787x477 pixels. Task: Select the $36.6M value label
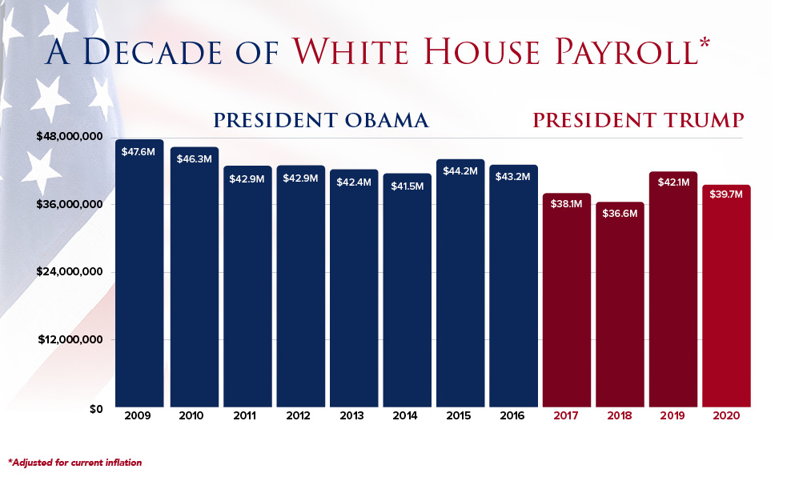coord(620,214)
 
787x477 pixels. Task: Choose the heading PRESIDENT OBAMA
coord(320,121)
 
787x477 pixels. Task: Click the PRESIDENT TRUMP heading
coord(639,121)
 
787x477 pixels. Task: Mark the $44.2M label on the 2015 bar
coord(460,171)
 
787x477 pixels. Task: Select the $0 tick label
coord(95,409)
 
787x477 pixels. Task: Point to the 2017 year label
coord(566,417)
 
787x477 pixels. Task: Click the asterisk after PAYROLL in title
coord(705,42)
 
